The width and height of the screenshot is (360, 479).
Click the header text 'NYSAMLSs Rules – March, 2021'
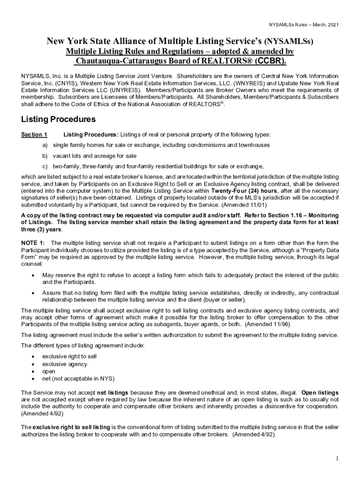(303, 24)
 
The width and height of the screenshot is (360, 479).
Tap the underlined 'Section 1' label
(34, 135)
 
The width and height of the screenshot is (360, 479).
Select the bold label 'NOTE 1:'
(33, 243)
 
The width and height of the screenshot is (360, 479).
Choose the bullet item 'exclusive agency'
(65, 364)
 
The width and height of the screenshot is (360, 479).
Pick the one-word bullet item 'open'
(49, 371)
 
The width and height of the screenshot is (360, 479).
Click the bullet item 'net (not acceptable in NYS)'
(78, 378)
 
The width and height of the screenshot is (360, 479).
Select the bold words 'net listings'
(112, 392)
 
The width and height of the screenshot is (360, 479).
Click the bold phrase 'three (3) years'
(41, 230)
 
